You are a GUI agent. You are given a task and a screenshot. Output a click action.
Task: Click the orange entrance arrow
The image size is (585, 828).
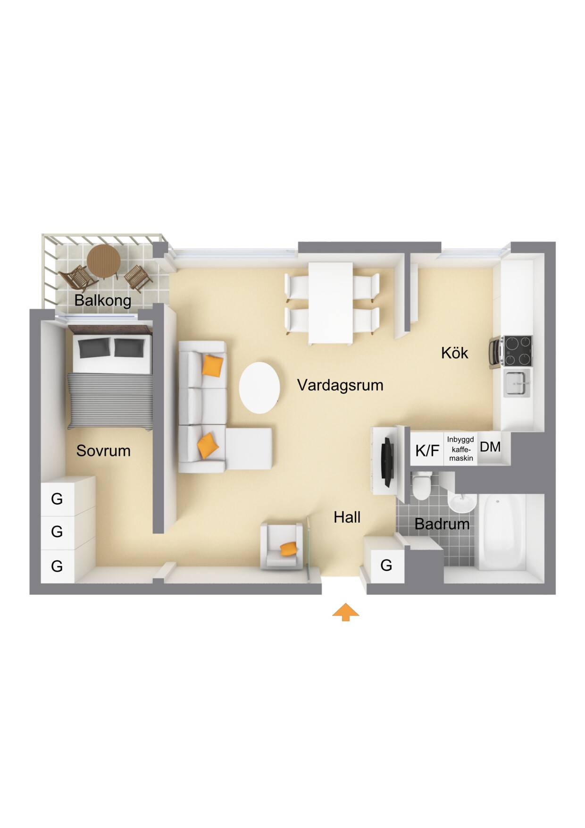pyautogui.click(x=345, y=612)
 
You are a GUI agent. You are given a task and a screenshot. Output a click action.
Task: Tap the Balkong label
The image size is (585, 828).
pyautogui.click(x=103, y=300)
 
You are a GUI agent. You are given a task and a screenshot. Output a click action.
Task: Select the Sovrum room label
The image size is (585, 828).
pyautogui.click(x=103, y=451)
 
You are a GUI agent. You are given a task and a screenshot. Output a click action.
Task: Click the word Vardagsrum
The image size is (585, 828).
pyautogui.click(x=340, y=386)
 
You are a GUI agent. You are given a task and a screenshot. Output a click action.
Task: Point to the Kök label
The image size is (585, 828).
pyautogui.click(x=455, y=353)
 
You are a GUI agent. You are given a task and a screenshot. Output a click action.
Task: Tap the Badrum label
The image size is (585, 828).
pyautogui.click(x=442, y=524)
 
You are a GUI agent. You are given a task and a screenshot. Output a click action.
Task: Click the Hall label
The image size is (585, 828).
pyautogui.click(x=347, y=517)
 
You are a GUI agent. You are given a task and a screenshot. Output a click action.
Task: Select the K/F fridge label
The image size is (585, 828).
pyautogui.click(x=427, y=451)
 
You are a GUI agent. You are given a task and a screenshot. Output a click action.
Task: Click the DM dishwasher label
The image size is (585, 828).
pyautogui.click(x=490, y=447)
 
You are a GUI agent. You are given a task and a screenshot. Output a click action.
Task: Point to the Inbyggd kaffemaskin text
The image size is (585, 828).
pyautogui.click(x=461, y=448)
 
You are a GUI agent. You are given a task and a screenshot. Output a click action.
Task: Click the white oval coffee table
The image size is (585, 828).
pyautogui.click(x=259, y=388)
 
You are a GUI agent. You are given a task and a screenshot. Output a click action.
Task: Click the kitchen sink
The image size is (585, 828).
pyautogui.click(x=518, y=382)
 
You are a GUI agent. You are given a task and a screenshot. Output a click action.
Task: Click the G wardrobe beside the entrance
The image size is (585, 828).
pyautogui.click(x=385, y=565)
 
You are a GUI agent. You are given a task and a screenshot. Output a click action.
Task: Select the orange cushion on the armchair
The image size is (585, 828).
pyautogui.click(x=289, y=549)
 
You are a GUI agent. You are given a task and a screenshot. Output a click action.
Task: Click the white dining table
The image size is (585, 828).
pyautogui.click(x=331, y=303)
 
